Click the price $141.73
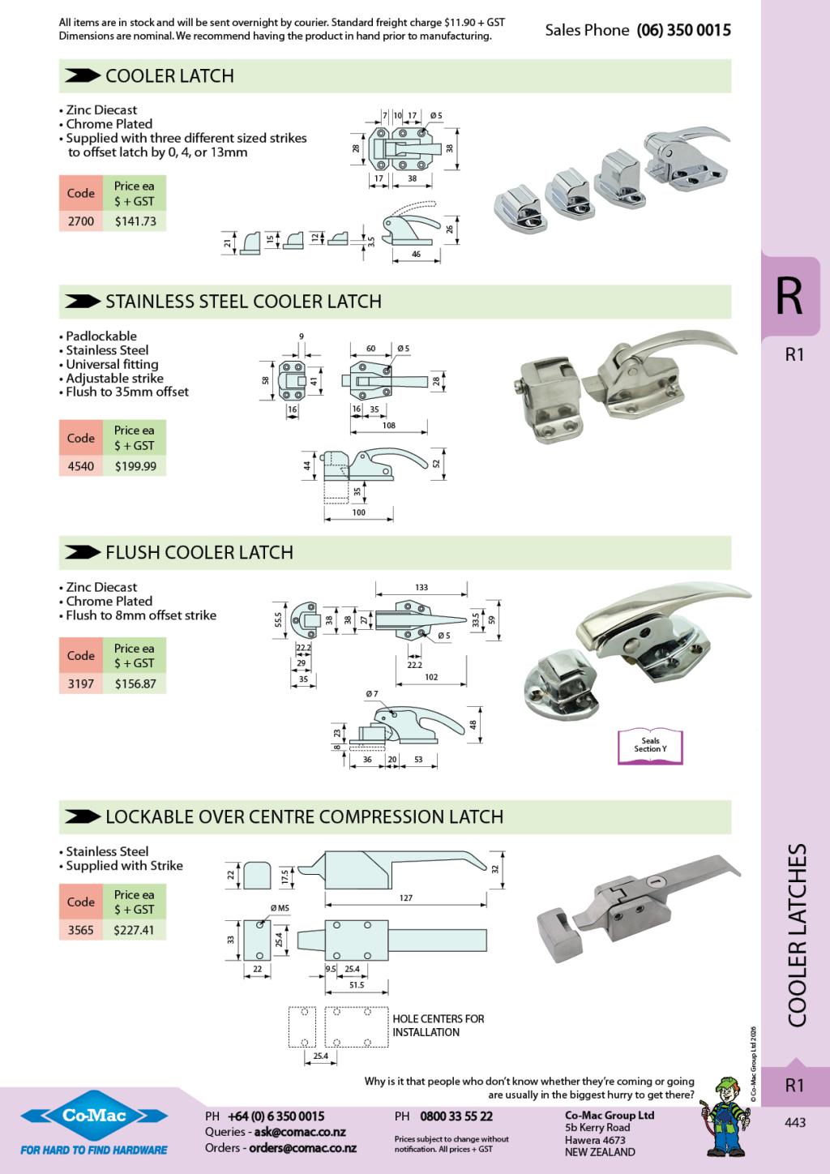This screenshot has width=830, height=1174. [135, 221]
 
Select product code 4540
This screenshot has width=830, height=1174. [81, 466]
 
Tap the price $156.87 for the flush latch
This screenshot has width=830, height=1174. [135, 683]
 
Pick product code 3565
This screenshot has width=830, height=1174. [81, 930]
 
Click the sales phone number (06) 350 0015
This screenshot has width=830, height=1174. [683, 30]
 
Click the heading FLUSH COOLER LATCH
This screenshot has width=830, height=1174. [199, 552]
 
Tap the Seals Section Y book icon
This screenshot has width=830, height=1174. [650, 745]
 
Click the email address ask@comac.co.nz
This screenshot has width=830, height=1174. [300, 1132]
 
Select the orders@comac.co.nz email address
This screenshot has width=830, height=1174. [302, 1148]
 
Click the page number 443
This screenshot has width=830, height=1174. [795, 1122]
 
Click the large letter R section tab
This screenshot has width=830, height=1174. [789, 297]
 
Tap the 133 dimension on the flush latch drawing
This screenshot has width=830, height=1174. [421, 587]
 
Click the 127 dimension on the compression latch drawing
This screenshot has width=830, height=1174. [406, 898]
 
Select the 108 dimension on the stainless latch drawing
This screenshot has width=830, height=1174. [388, 425]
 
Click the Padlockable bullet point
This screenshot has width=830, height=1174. [101, 336]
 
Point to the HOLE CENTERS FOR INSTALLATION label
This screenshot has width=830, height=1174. [438, 1026]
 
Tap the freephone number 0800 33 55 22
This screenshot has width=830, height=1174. [456, 1116]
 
